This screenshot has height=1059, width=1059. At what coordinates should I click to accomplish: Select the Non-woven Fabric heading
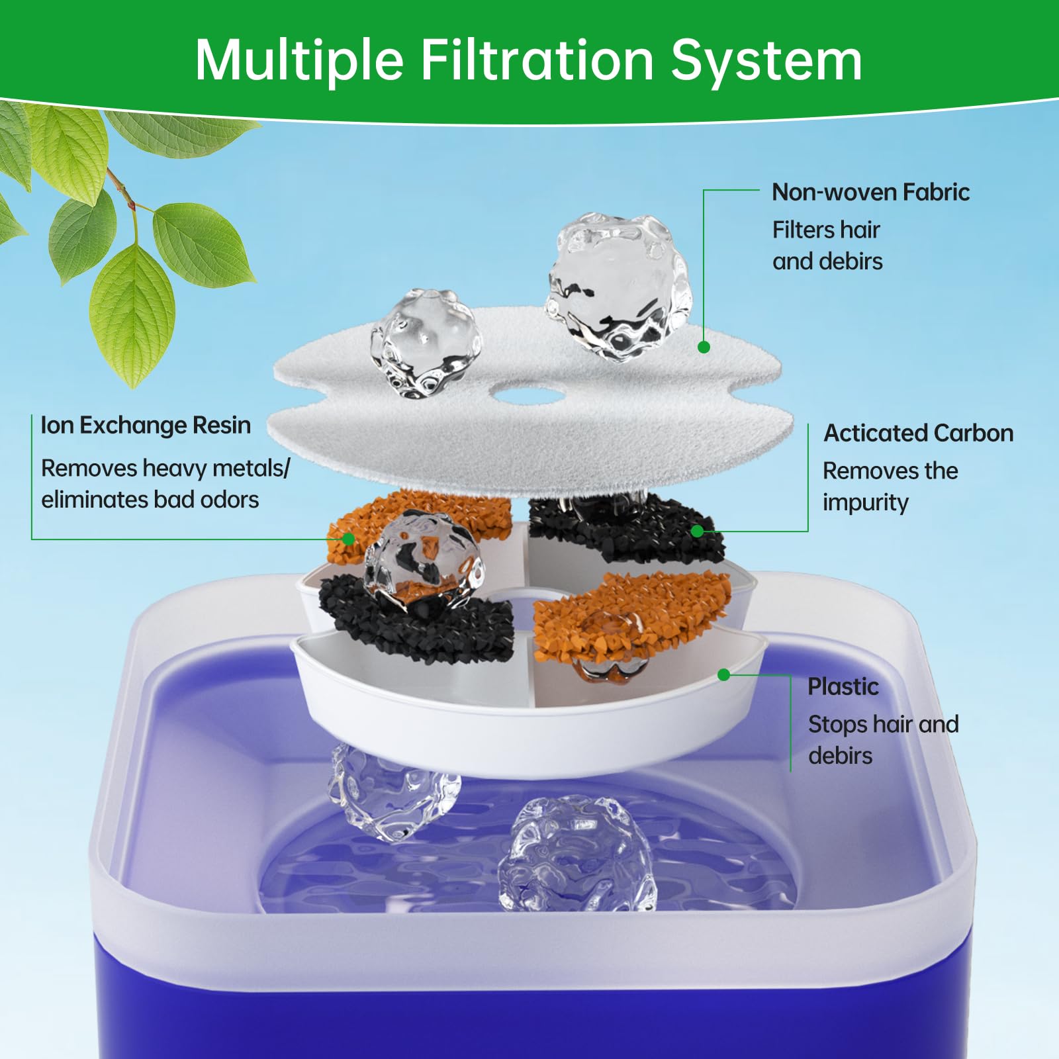870,192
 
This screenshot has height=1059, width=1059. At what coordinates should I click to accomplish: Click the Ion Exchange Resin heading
146,425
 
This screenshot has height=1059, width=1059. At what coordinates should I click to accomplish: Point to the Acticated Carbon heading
918,433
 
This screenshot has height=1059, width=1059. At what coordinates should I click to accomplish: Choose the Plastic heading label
843,686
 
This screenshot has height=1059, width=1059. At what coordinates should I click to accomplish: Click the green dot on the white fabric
704,347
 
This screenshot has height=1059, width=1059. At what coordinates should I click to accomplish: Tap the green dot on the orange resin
348,539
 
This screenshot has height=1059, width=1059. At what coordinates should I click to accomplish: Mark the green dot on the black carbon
696,531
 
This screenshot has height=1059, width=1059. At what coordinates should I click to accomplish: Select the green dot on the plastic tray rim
723,674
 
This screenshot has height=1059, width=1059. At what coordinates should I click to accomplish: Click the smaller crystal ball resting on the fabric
426,343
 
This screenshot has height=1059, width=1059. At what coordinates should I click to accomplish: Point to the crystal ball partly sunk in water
576,854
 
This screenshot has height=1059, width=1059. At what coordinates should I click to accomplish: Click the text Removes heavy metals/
165,468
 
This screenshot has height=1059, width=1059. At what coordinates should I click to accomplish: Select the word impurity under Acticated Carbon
865,502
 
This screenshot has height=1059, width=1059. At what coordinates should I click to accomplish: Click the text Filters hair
825,230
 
